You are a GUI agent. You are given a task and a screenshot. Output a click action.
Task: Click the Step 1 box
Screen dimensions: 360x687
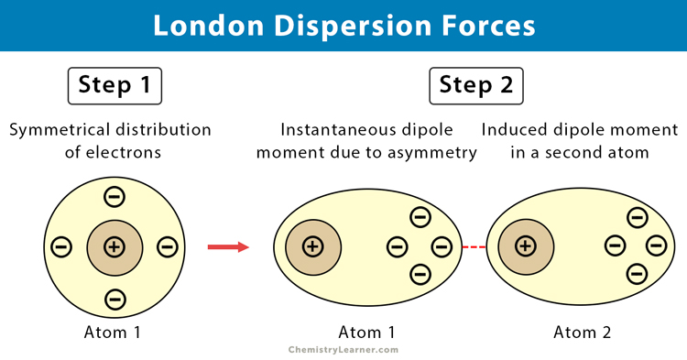coord(114,86)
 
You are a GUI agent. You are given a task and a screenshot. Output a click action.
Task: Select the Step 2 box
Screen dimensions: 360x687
coord(476,86)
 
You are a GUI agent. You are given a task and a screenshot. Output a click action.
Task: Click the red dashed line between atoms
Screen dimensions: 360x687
coord(473,246)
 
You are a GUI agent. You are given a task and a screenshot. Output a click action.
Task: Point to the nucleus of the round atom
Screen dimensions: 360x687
coord(114,246)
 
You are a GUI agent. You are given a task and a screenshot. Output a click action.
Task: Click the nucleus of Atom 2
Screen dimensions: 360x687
coord(525,245)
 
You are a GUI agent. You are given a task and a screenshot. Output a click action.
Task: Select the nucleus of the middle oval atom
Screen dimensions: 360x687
coord(312,246)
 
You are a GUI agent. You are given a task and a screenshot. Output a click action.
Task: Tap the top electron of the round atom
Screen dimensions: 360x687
coord(114,196)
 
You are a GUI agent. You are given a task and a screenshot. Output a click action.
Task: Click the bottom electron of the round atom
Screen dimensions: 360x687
coord(114,298)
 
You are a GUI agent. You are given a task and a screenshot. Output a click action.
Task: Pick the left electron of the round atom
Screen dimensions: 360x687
coord(62,246)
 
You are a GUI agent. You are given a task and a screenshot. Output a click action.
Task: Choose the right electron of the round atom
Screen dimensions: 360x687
coord(167,246)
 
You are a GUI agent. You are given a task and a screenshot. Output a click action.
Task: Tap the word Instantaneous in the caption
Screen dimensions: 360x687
coord(336,129)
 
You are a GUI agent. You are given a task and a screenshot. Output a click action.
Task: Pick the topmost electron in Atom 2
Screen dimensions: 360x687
coord(635,217)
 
